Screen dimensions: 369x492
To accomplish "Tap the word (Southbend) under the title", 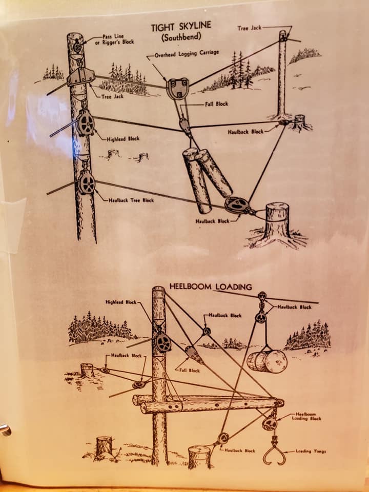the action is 181,37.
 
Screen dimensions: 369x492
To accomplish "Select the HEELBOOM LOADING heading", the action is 211,286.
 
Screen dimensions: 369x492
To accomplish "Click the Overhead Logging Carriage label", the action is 187,54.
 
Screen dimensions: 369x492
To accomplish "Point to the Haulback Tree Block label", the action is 131,200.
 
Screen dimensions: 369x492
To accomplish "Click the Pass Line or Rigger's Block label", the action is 114,39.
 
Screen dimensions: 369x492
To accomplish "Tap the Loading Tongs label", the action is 311,451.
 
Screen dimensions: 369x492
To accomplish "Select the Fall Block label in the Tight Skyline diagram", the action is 216,104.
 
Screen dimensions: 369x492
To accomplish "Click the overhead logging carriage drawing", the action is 178,89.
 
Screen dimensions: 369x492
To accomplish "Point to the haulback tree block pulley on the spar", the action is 87,182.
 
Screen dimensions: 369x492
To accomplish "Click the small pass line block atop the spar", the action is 77,47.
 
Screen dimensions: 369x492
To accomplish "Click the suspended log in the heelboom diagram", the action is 267,361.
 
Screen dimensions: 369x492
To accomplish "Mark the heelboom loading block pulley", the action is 270,423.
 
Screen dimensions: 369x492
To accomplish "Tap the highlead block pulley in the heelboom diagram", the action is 163,342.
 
